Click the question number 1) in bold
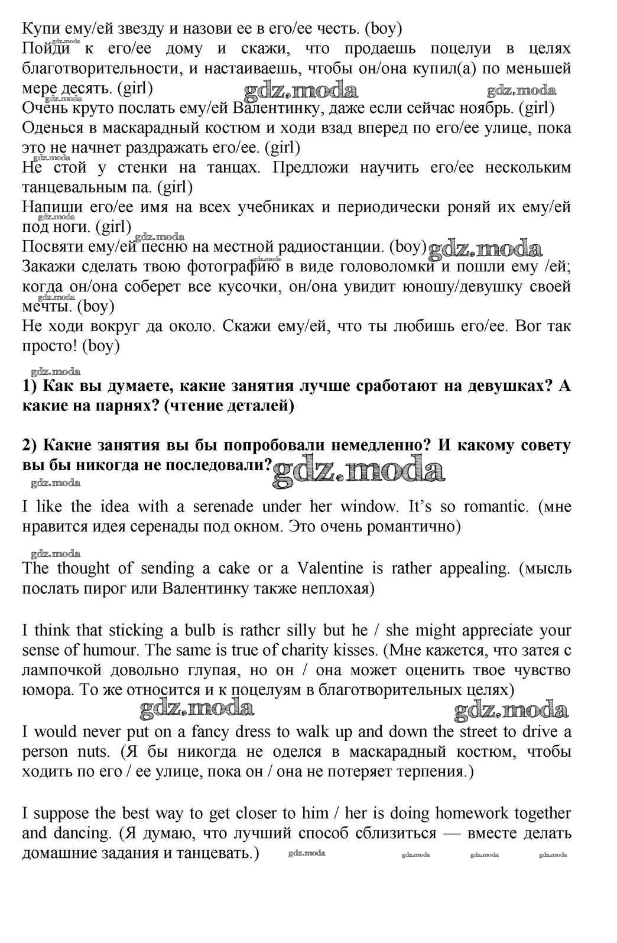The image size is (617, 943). point(30,386)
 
